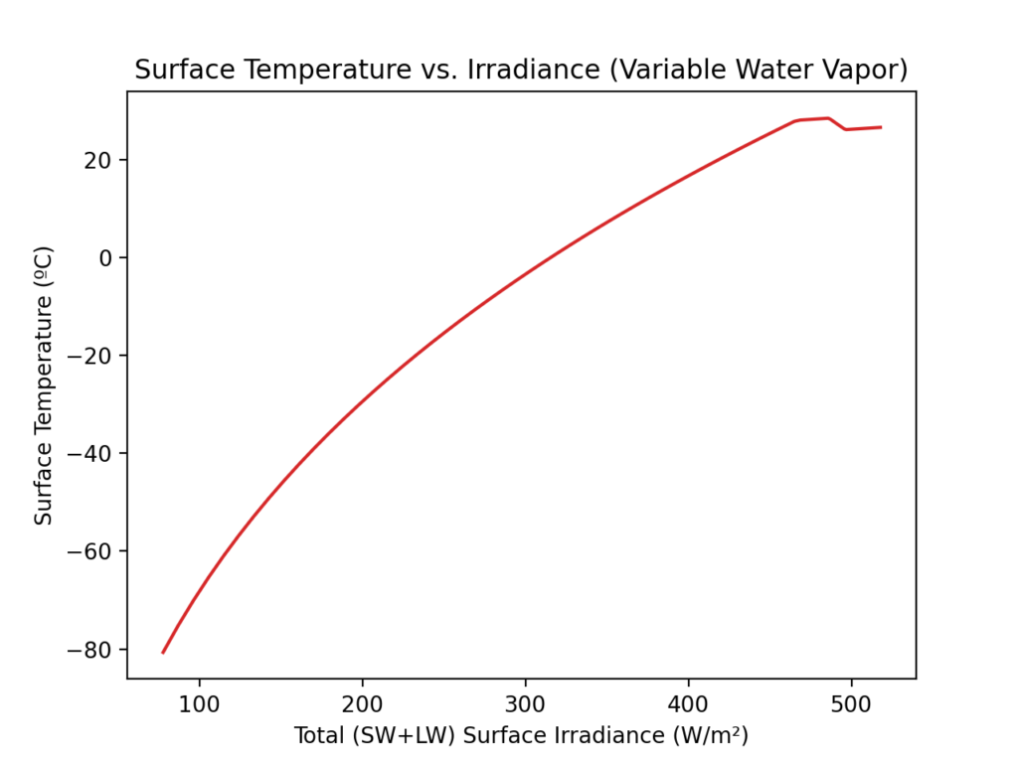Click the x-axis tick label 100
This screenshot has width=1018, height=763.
tap(199, 703)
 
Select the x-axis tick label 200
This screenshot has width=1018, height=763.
tap(362, 703)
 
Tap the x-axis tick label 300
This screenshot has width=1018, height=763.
tap(525, 703)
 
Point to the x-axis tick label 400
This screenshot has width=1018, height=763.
tap(688, 703)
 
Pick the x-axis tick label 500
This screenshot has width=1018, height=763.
tap(851, 703)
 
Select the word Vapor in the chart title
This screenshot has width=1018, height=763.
tap(867, 72)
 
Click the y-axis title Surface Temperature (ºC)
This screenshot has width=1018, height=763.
tap(44, 385)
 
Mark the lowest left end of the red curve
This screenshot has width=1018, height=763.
tap(163, 653)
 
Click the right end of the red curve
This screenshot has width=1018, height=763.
tap(881, 127)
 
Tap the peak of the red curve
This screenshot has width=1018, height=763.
tap(828, 118)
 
